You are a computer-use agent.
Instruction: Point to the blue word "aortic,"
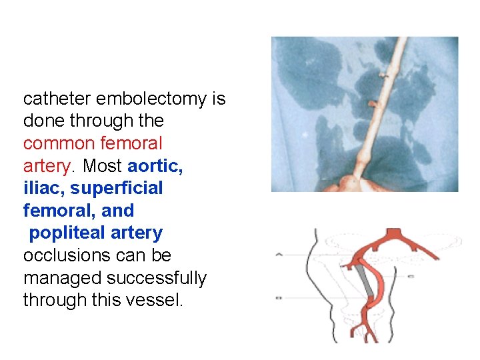(x=155, y=166)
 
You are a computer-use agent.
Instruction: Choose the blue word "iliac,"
(x=44, y=189)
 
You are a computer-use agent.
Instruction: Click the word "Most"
(x=103, y=166)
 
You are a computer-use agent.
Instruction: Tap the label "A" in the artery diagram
(x=279, y=254)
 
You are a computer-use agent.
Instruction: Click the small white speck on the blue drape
(x=305, y=134)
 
